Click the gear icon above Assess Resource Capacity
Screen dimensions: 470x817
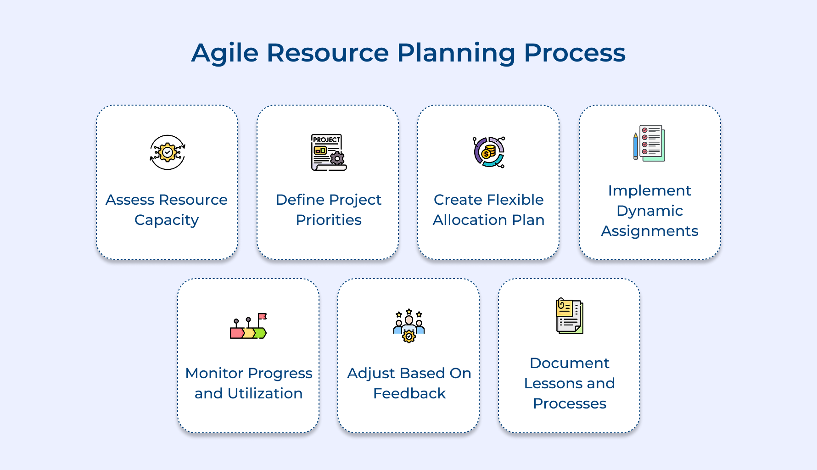tap(168, 152)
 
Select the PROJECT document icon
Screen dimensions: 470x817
tap(328, 152)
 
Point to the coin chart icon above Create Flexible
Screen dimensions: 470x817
tap(489, 152)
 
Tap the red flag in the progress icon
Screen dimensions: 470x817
tap(262, 316)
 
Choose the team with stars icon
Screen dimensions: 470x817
tap(409, 325)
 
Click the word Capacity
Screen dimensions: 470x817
tap(167, 220)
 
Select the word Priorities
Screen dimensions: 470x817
tap(329, 220)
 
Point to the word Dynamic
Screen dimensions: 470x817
tap(649, 211)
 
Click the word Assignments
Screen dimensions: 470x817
tap(649, 231)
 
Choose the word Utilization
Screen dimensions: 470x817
tap(265, 394)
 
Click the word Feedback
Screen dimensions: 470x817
tap(409, 394)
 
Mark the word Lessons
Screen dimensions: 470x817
tap(553, 383)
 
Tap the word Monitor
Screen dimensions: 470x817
tap(214, 374)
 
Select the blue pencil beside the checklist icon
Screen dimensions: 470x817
tap(636, 146)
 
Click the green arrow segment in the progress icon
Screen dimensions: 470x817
tap(261, 333)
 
